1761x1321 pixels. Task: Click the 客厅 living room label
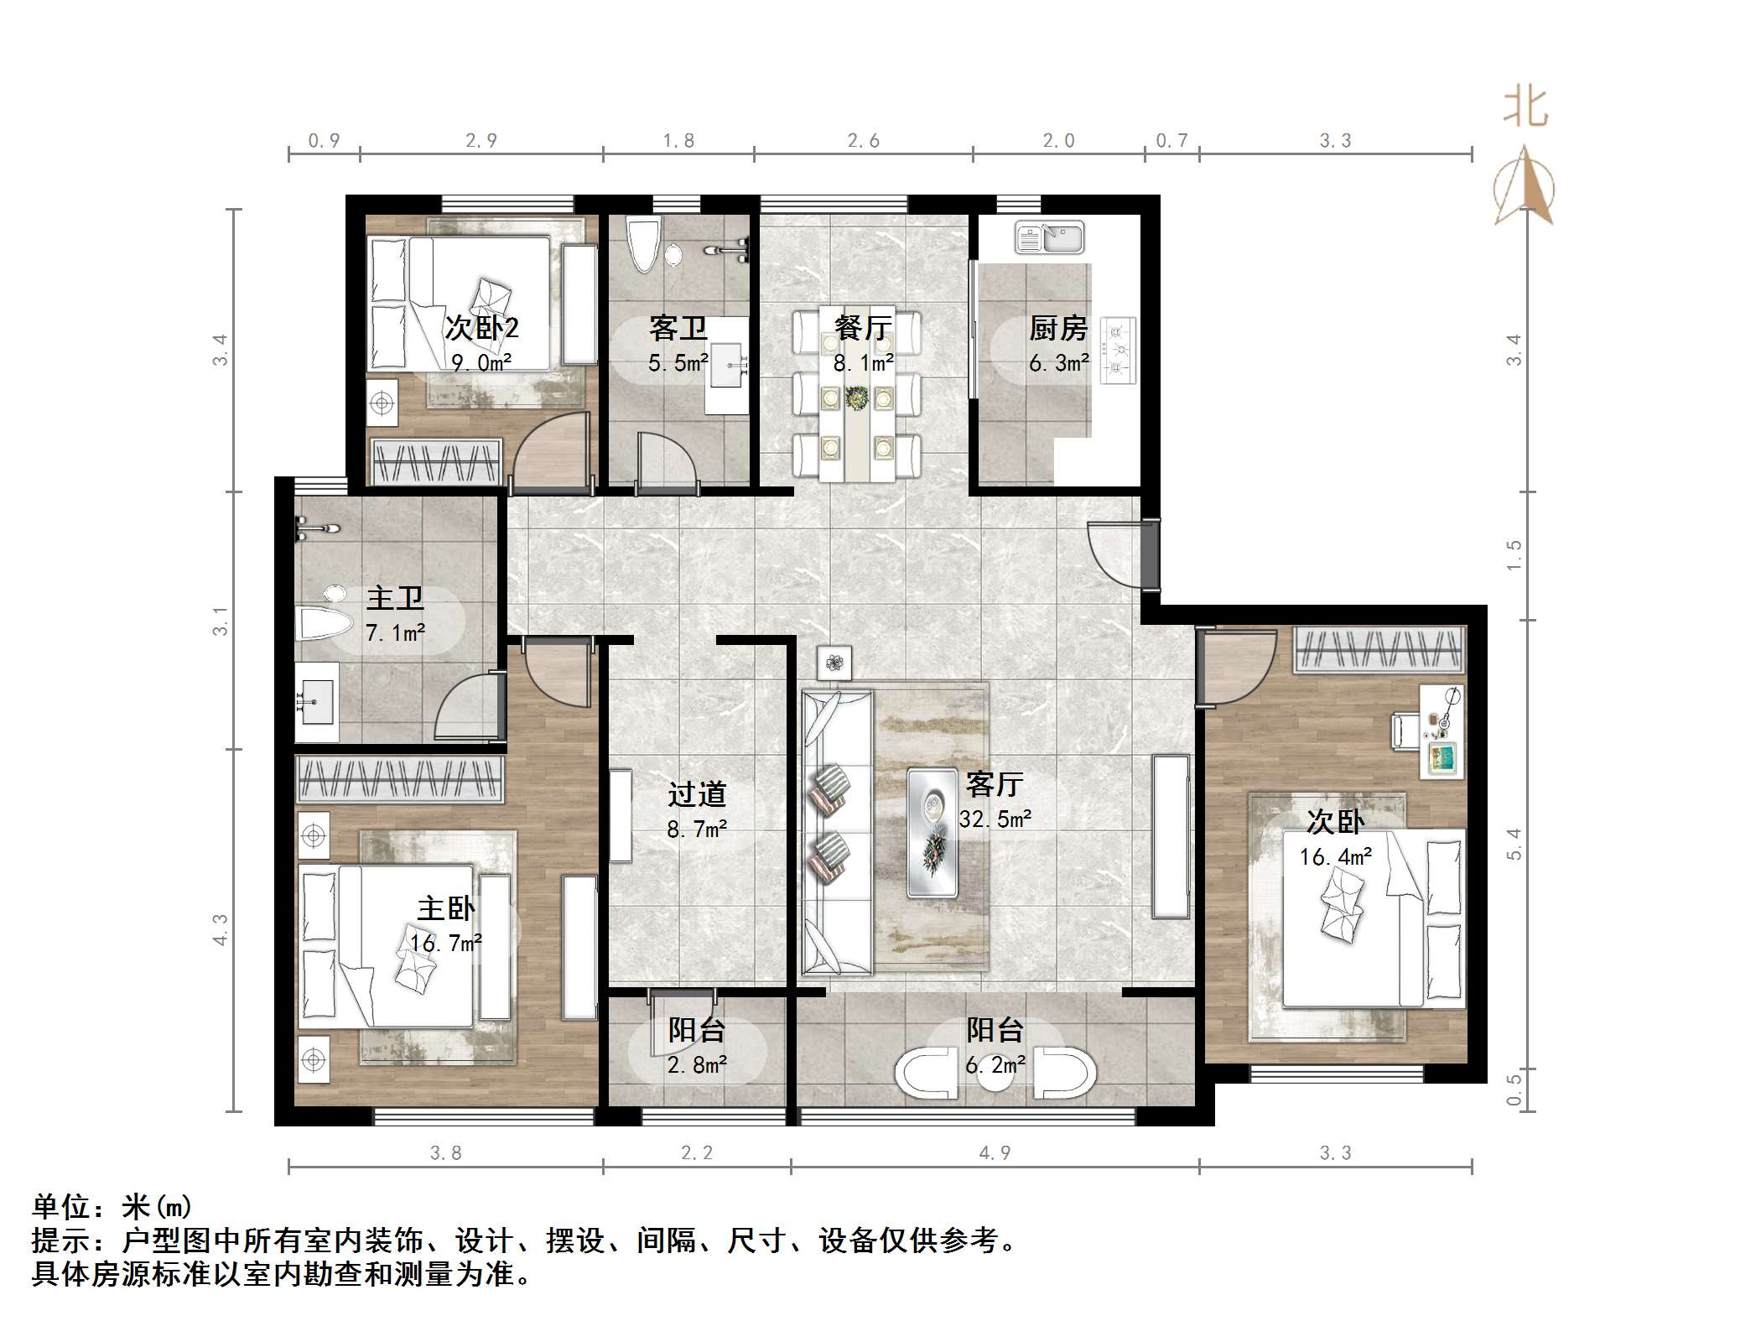pyautogui.click(x=995, y=785)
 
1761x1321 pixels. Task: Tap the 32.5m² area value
pyautogui.click(x=995, y=819)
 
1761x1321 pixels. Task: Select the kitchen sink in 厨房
pyautogui.click(x=1049, y=237)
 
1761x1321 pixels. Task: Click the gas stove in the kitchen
pyautogui.click(x=1118, y=351)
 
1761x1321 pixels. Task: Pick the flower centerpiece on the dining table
pyautogui.click(x=856, y=398)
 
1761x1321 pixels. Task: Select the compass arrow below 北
pyautogui.click(x=1525, y=186)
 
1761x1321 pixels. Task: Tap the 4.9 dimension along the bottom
pyautogui.click(x=995, y=1153)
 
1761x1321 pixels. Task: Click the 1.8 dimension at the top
pyautogui.click(x=678, y=141)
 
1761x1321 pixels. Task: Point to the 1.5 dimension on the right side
pyautogui.click(x=1514, y=555)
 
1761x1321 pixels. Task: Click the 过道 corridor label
pyautogui.click(x=697, y=794)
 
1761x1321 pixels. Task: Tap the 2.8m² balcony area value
pyautogui.click(x=697, y=1065)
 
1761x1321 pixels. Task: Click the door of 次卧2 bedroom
pyautogui.click(x=549, y=453)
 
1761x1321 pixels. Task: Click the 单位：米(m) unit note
pyautogui.click(x=112, y=1207)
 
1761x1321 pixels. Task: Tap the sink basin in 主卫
pyautogui.click(x=315, y=700)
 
